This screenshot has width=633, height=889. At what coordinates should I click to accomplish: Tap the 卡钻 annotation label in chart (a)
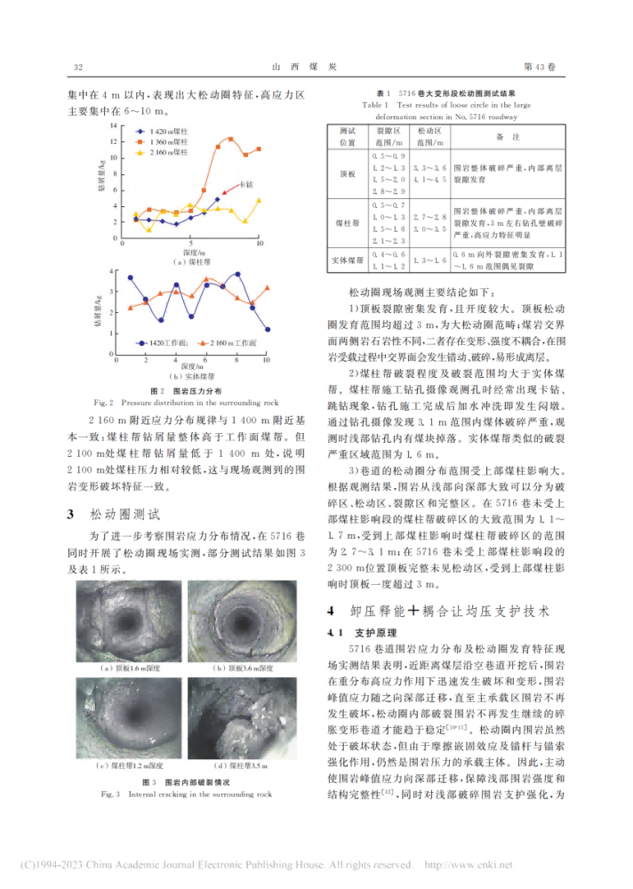[x=246, y=183]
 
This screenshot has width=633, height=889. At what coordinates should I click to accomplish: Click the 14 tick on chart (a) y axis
[x=112, y=125]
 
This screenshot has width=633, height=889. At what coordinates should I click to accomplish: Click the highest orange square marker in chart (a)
[x=231, y=140]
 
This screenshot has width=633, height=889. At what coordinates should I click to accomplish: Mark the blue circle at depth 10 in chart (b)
[x=268, y=329]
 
